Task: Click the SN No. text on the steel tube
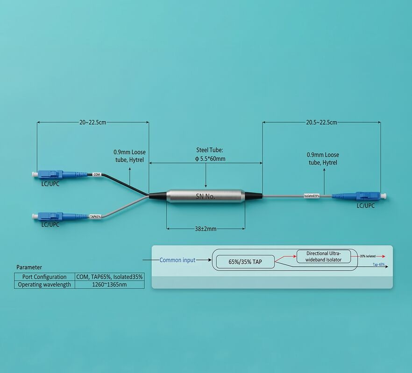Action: [205, 196]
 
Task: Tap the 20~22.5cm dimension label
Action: [92, 123]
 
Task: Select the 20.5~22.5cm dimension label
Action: [321, 123]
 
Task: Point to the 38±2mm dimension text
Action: [206, 229]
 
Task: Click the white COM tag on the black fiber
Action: [97, 174]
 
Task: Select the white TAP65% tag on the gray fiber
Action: [95, 216]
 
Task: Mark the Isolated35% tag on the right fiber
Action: [312, 196]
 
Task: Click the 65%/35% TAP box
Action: [245, 262]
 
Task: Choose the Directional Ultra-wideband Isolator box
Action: [324, 256]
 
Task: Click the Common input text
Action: [177, 260]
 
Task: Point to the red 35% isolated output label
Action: [368, 256]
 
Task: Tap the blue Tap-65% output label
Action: [378, 264]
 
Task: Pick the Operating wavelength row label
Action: [44, 284]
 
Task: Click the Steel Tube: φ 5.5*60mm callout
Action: [210, 155]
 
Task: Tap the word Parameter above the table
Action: [29, 267]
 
